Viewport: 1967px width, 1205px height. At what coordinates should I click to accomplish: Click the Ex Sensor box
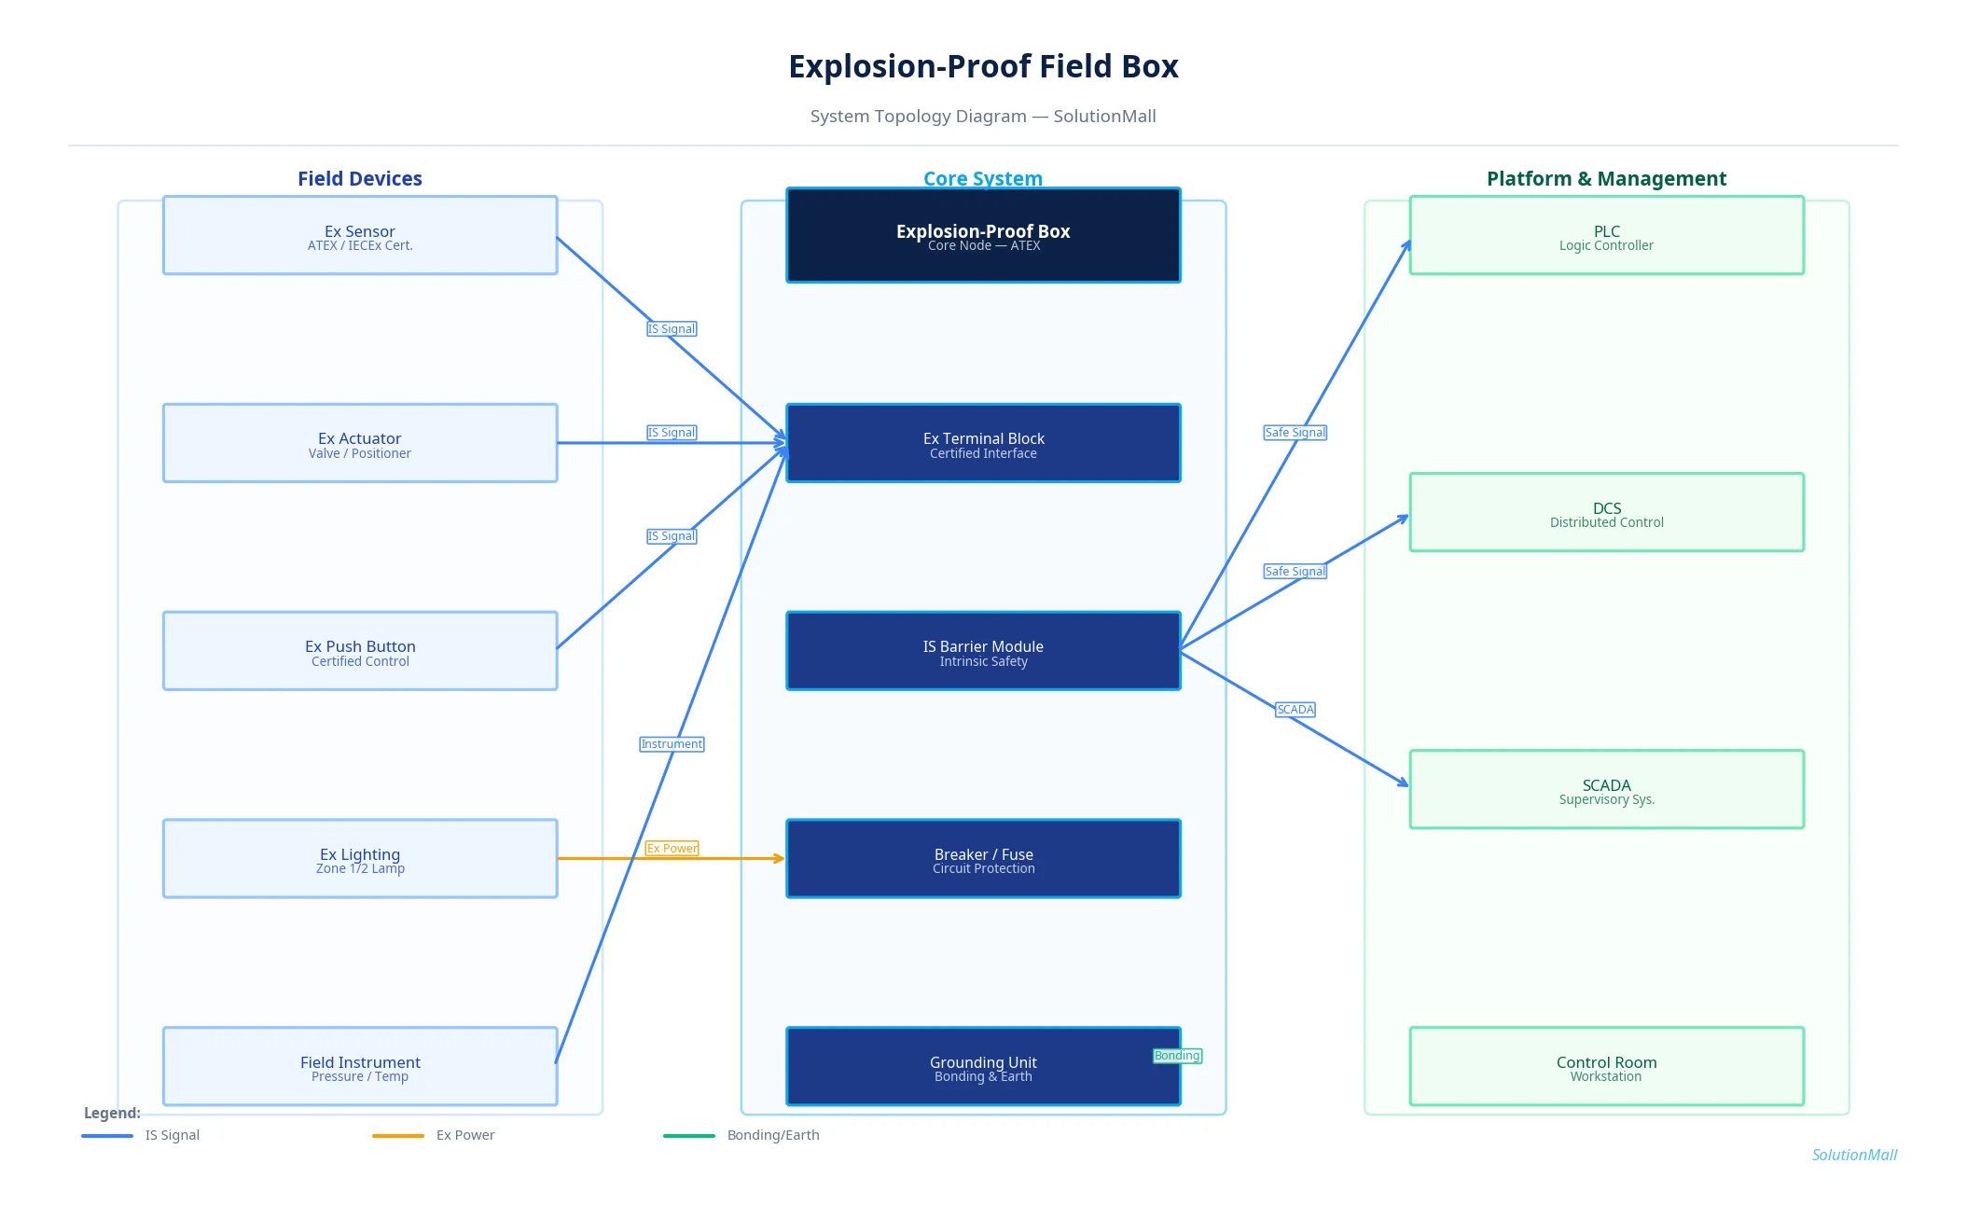point(359,235)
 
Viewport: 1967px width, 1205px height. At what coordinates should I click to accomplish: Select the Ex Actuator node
point(359,443)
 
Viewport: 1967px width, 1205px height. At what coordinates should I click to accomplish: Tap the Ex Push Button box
point(359,651)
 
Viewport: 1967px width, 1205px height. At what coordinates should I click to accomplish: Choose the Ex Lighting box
point(359,859)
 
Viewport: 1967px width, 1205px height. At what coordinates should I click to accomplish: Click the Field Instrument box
point(359,1066)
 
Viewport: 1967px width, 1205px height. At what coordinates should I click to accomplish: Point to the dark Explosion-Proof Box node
point(983,235)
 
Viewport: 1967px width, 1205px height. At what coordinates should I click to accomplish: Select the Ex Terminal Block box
point(983,443)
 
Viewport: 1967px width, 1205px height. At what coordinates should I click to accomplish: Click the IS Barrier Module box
point(983,651)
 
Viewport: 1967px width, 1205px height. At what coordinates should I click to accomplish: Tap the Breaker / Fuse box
point(983,859)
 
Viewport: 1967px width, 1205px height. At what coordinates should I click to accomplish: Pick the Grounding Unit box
point(983,1066)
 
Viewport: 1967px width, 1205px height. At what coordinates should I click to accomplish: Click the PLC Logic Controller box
point(1606,235)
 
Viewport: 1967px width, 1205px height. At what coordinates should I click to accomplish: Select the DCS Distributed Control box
point(1606,512)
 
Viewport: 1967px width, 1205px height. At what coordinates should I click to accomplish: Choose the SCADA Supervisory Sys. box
point(1606,789)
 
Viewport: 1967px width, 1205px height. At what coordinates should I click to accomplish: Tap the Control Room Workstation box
point(1606,1066)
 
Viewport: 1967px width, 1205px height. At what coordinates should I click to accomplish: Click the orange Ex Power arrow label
point(672,849)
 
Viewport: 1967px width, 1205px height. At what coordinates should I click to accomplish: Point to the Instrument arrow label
point(672,744)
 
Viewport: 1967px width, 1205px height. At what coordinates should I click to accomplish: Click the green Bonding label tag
point(1177,1056)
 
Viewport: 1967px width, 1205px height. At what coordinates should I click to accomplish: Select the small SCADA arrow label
point(1295,710)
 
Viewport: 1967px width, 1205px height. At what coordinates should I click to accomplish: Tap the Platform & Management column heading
point(1606,178)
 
